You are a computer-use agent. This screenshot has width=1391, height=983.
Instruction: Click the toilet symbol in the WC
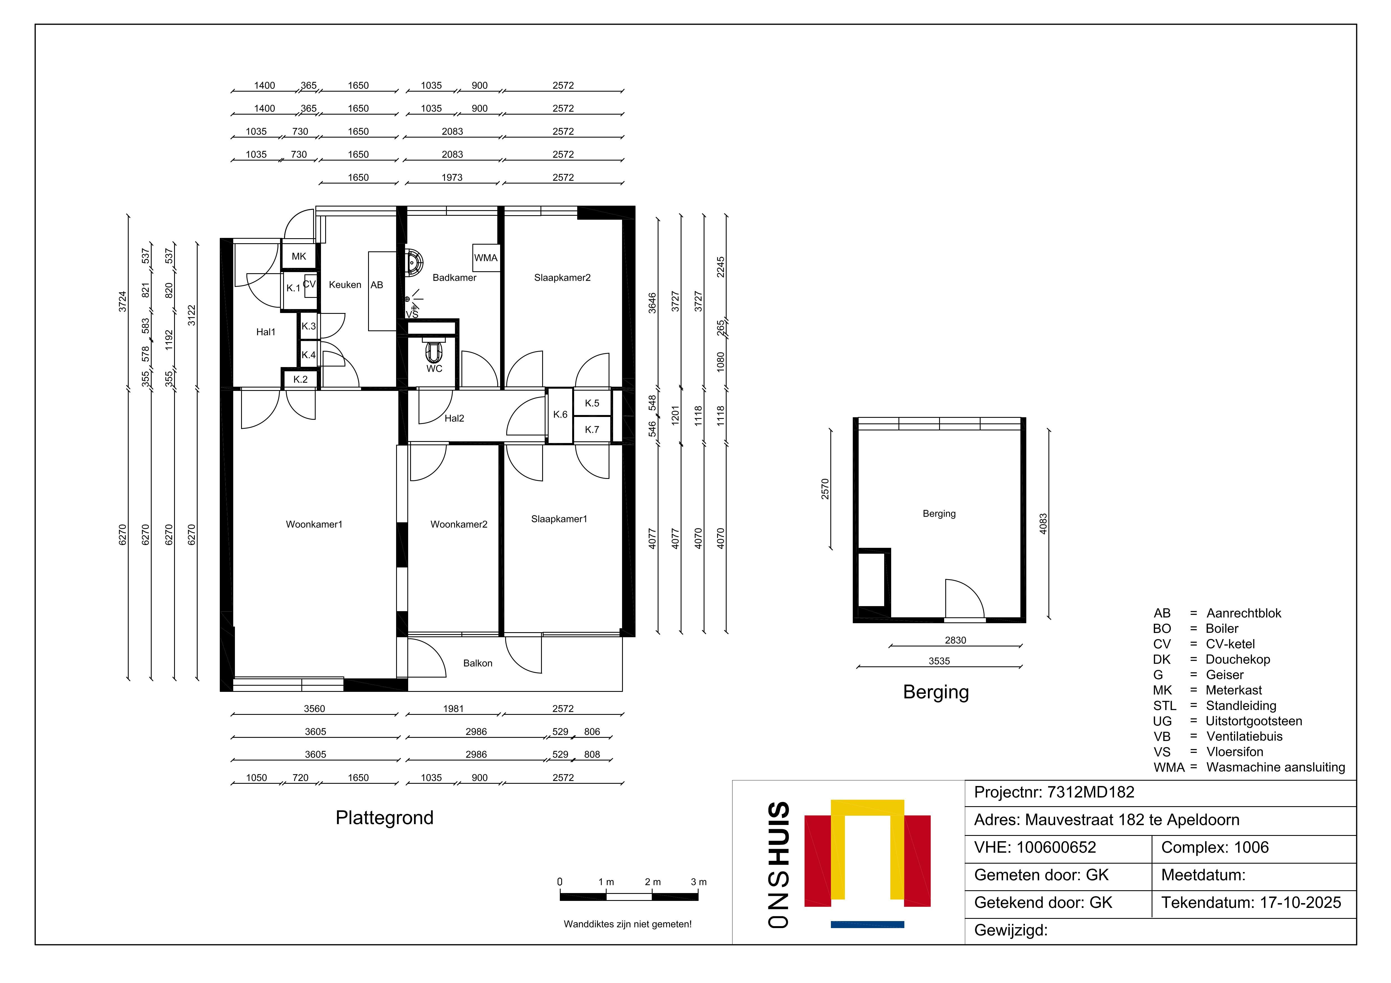click(434, 351)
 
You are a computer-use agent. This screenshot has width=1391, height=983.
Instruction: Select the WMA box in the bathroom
click(486, 258)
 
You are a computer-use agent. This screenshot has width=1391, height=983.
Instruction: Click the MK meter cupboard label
click(299, 256)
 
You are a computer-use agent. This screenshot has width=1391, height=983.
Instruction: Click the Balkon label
click(478, 663)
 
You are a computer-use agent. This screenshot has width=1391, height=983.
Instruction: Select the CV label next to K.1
click(309, 284)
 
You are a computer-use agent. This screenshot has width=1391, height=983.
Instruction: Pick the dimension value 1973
click(452, 177)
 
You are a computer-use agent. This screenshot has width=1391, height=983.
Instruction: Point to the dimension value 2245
click(720, 267)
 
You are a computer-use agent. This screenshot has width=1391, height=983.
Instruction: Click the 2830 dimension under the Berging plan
click(955, 640)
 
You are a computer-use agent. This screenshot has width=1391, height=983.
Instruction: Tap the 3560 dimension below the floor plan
click(315, 709)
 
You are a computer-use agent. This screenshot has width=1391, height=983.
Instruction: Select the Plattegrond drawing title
click(385, 818)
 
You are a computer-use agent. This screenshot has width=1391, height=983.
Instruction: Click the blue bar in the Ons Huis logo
click(868, 924)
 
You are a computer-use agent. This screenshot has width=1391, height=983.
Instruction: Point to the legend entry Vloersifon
click(1235, 752)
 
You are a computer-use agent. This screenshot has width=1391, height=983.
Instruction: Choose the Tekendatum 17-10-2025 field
click(1251, 903)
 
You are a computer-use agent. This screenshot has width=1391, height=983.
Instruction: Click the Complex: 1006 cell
click(1215, 847)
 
